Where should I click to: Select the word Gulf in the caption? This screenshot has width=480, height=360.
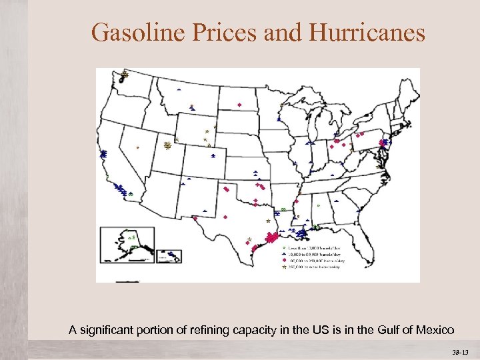point(388,329)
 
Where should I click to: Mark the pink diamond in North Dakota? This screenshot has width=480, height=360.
point(239,105)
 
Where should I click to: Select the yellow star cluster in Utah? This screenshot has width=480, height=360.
point(167,145)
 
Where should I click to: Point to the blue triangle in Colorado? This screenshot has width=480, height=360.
point(213,154)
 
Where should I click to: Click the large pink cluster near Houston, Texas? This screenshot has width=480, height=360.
point(271,237)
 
